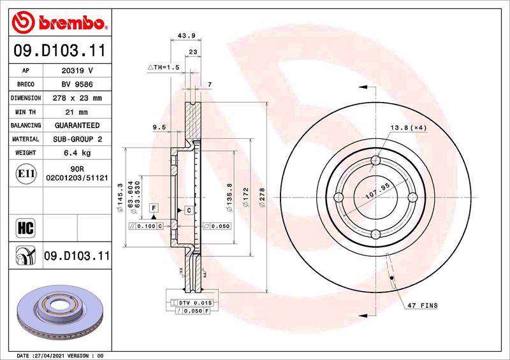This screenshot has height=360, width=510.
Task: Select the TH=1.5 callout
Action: click(163, 67)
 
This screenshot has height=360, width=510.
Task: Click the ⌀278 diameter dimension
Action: click(262, 195)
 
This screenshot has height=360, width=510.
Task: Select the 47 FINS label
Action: click(422, 306)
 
